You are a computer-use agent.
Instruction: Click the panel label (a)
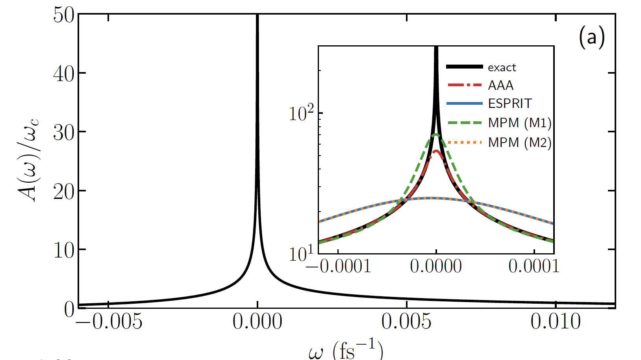[x=591, y=38]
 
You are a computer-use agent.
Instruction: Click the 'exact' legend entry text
[x=502, y=68]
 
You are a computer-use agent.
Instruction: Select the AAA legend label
[x=500, y=85]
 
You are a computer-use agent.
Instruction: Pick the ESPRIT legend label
[x=510, y=104]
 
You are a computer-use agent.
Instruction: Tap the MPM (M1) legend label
[x=519, y=123]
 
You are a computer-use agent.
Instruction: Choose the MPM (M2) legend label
[x=519, y=142]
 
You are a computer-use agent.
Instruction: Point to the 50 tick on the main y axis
[x=63, y=15]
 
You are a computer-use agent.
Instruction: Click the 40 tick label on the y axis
[x=63, y=74]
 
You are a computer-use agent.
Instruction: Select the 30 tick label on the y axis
[x=63, y=133]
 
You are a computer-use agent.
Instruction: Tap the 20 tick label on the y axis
[x=63, y=192]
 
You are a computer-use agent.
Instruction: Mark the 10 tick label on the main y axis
[x=63, y=251]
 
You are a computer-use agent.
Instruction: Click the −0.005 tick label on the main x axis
[x=109, y=322]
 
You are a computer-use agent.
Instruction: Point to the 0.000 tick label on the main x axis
[x=257, y=322]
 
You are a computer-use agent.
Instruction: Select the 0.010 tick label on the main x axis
[x=555, y=322]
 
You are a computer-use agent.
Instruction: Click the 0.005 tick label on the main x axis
[x=406, y=322]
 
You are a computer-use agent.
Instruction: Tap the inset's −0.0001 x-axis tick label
[x=338, y=266]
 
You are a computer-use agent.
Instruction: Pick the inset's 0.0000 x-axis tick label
[x=435, y=266]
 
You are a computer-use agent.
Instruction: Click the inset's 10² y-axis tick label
[x=301, y=114]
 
